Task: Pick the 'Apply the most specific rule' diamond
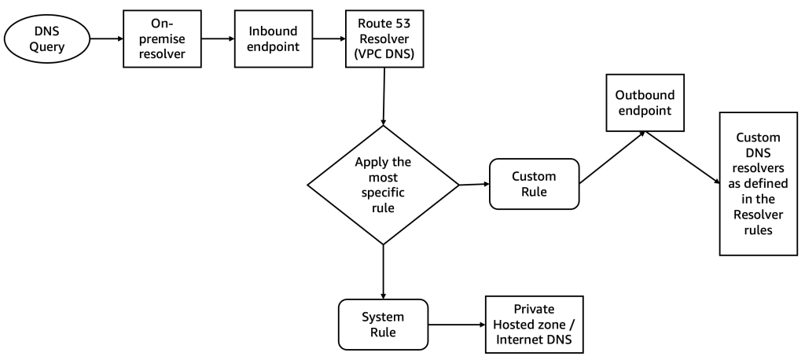(x=383, y=185)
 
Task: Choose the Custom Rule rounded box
(x=534, y=184)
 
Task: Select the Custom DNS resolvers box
(x=753, y=183)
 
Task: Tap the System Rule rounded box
(x=383, y=324)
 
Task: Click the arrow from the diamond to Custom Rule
(x=473, y=185)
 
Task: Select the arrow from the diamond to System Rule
(x=383, y=271)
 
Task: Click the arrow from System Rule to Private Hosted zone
(x=456, y=324)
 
